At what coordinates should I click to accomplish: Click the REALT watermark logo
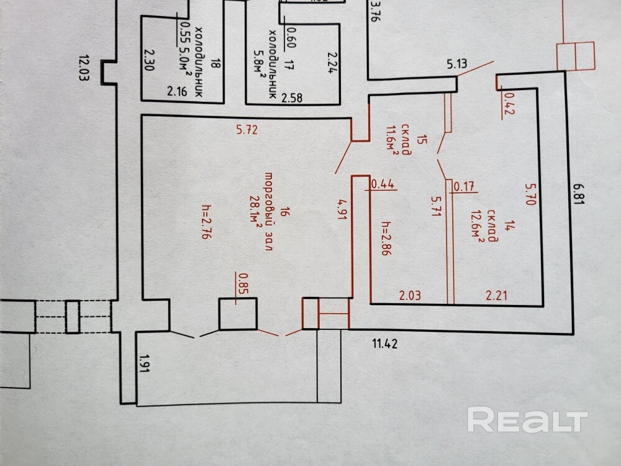click(527, 421)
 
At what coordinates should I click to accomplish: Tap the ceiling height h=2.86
click(386, 239)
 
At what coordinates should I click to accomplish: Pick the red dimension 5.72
click(247, 130)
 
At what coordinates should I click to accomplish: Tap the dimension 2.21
click(496, 296)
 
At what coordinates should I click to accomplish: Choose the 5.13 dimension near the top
click(456, 63)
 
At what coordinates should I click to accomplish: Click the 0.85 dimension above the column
click(243, 283)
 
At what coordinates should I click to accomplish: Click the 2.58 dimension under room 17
click(292, 98)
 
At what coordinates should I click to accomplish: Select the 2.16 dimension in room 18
click(178, 93)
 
